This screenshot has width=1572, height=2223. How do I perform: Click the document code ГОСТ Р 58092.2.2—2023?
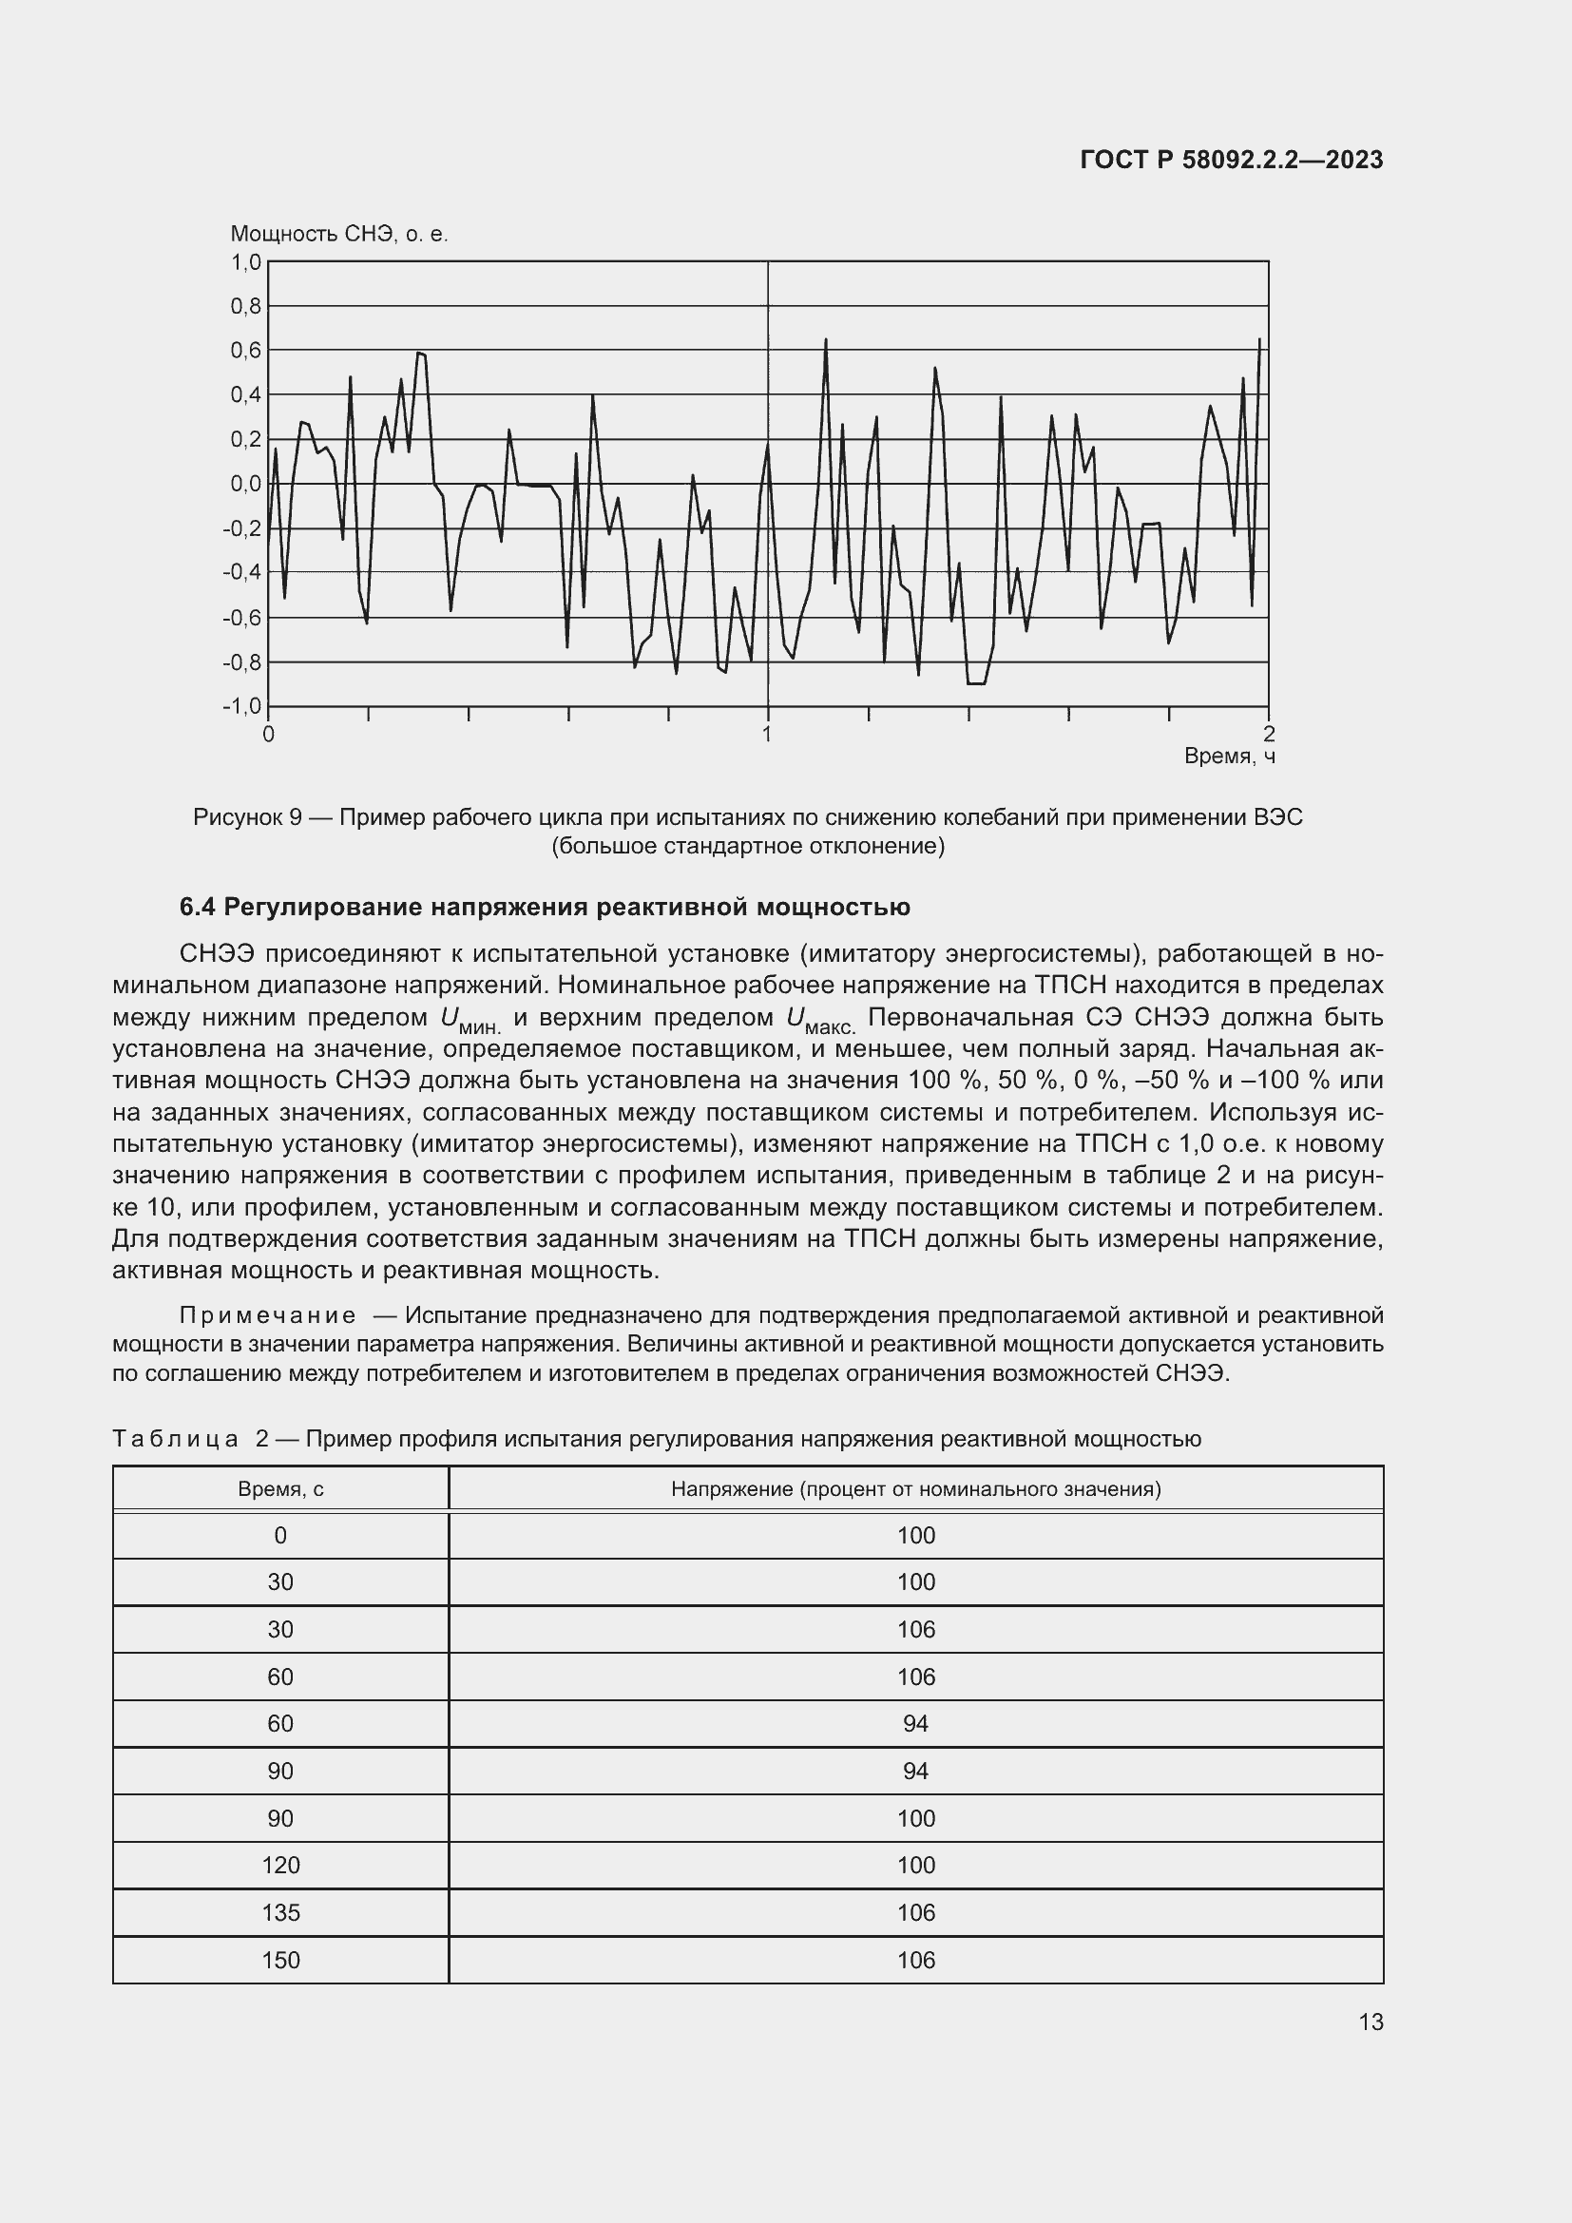[1231, 161]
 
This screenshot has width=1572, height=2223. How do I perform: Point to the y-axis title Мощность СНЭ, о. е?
[338, 235]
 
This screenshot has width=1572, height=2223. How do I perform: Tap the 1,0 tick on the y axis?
[246, 262]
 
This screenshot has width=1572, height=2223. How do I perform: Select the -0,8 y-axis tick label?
[242, 663]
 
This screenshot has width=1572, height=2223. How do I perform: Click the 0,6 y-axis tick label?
[246, 351]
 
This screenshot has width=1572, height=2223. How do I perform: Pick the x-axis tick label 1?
[767, 735]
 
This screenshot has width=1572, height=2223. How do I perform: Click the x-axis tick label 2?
[1269, 735]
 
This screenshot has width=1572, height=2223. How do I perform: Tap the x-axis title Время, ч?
[1229, 757]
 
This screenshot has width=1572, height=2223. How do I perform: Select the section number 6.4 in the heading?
[198, 909]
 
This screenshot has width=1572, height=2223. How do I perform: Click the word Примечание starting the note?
[267, 1315]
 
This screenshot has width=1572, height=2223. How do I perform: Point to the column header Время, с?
[280, 1489]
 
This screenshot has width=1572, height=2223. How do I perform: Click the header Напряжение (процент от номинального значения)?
[915, 1489]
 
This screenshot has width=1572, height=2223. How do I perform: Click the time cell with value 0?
[280, 1537]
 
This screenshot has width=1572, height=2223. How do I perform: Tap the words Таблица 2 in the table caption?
[191, 1440]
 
